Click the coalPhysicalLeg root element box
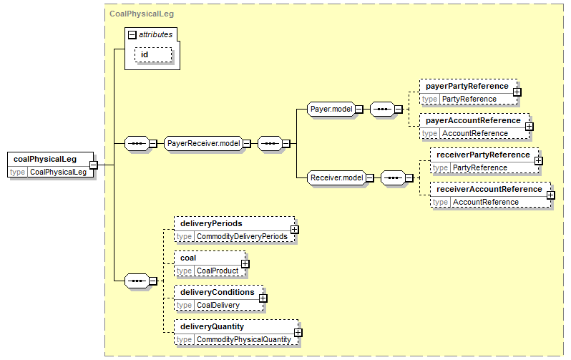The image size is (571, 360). click(x=51, y=165)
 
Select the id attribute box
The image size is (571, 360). click(x=153, y=54)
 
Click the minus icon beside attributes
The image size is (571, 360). click(x=132, y=34)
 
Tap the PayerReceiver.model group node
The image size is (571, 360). click(x=203, y=144)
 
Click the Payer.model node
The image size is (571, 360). click(x=331, y=109)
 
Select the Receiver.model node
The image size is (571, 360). click(x=337, y=177)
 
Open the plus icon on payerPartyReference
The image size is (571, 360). click(x=517, y=92)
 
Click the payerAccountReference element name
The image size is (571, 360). click(x=473, y=121)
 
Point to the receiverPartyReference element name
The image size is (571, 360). click(x=483, y=155)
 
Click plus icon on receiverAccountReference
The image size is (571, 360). click(x=551, y=195)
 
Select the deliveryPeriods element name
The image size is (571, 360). click(x=211, y=223)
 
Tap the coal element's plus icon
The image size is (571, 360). click(x=245, y=264)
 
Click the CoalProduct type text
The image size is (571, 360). click(x=218, y=271)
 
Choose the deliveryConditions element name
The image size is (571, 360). click(x=218, y=292)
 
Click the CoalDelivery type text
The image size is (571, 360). click(x=218, y=306)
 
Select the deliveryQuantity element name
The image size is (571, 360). click(x=212, y=326)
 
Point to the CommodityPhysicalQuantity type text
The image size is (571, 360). click(x=244, y=339)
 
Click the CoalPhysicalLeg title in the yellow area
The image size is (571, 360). click(x=142, y=14)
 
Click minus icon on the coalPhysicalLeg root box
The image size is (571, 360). click(x=94, y=165)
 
